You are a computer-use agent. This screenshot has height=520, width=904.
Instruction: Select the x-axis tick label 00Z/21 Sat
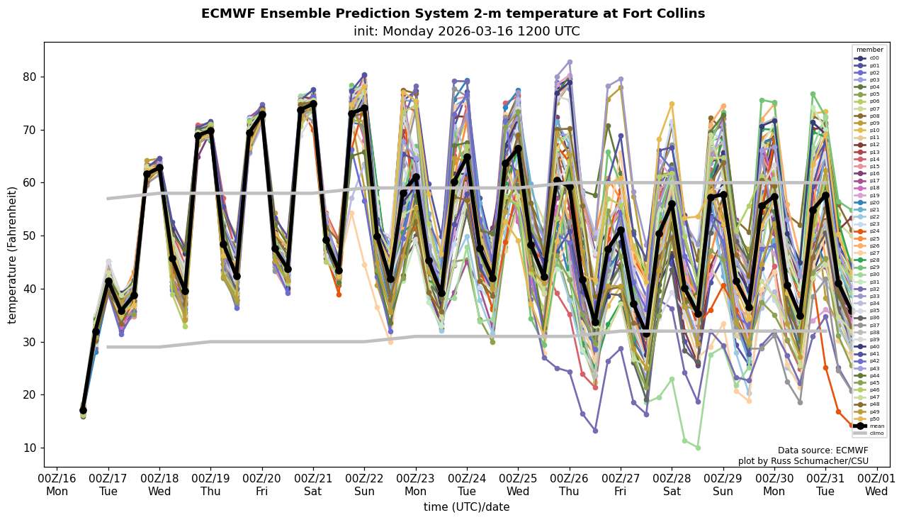(x=313, y=485)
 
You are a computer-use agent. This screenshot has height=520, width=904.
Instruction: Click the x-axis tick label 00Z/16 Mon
(x=57, y=485)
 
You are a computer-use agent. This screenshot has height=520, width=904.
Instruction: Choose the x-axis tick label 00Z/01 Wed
(x=876, y=485)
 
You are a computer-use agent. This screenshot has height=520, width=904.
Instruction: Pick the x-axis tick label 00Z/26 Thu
(x=570, y=485)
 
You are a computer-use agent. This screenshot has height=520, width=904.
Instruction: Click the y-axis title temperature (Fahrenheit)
(x=12, y=255)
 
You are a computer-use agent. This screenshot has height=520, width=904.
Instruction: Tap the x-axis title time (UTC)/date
(x=466, y=507)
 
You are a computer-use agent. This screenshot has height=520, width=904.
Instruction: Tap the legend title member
(x=870, y=50)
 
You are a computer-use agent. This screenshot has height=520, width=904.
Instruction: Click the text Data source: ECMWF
(x=823, y=450)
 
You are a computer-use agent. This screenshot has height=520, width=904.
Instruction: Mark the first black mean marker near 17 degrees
(x=83, y=410)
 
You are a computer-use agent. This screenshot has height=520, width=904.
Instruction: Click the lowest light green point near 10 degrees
(x=698, y=448)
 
